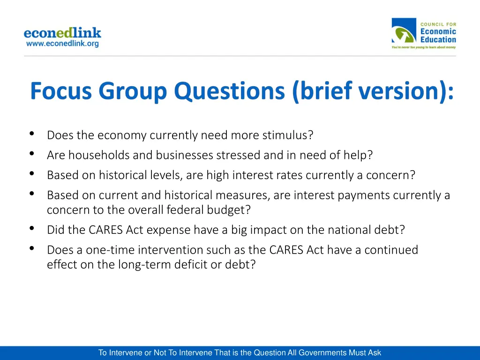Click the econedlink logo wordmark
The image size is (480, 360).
[x=62, y=33]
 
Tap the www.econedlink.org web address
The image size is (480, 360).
[x=62, y=44]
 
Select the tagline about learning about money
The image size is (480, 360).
[x=423, y=47]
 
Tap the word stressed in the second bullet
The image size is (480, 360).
[x=237, y=155]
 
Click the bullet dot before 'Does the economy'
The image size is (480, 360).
[x=31, y=134]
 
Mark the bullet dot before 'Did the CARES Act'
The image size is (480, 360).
[x=31, y=229]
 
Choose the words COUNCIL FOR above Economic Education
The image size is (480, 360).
[x=438, y=24]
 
